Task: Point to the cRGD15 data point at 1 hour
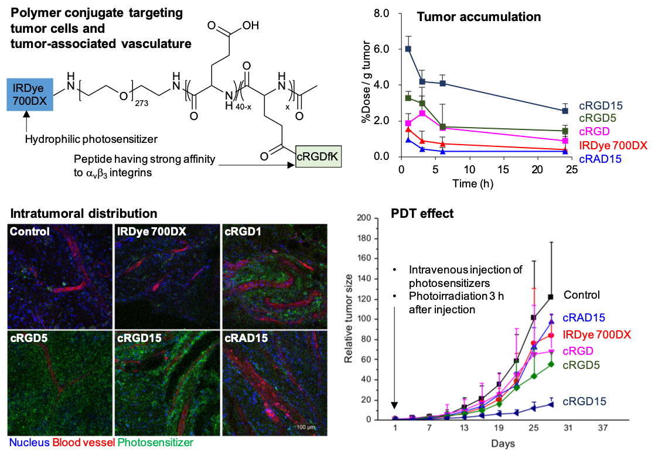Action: (x=408, y=49)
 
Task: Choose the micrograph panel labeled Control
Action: (x=57, y=276)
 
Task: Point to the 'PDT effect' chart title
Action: (x=422, y=214)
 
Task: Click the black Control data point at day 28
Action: (x=551, y=297)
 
